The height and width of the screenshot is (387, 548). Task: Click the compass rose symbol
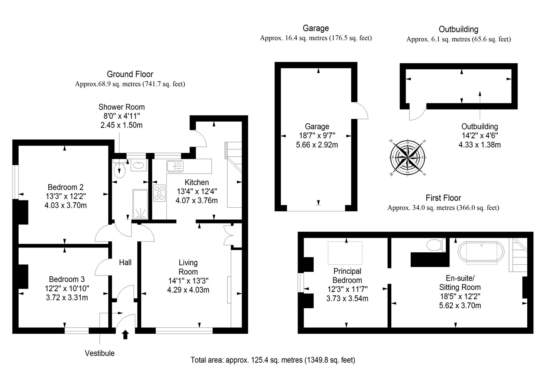407,157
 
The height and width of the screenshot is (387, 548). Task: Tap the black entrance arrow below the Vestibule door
125,334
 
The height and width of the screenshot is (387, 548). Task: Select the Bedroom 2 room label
65,187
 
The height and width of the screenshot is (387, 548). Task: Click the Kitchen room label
196,182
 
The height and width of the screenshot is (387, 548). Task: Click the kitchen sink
175,166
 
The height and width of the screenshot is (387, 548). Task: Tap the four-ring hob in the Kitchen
160,193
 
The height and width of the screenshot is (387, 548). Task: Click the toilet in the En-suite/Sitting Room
435,245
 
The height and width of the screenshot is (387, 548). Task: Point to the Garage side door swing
360,110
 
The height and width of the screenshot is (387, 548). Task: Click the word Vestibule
99,353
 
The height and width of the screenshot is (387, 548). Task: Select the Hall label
125,262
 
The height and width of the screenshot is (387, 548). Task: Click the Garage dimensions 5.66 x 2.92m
317,144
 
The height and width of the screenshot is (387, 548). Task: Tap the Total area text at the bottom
273,360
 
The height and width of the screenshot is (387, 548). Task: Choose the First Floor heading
443,198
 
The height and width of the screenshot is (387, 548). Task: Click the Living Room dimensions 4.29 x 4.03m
188,290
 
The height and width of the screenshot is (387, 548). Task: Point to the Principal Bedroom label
347,275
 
